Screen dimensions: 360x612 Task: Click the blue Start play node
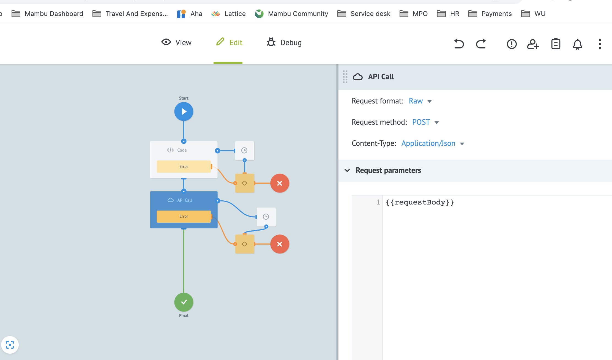tap(184, 111)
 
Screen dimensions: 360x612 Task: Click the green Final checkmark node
tap(184, 302)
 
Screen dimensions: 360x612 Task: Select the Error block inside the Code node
tap(184, 167)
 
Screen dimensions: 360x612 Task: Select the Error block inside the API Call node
tap(184, 216)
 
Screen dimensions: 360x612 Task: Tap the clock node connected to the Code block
tap(244, 151)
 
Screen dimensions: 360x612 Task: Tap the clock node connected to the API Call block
tap(266, 217)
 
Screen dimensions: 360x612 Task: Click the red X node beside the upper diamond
tap(280, 183)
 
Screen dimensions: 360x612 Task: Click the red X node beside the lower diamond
tap(280, 244)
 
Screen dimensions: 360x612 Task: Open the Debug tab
tap(284, 42)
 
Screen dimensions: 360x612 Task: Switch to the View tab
tap(176, 42)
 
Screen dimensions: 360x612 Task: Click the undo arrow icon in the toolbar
tap(459, 44)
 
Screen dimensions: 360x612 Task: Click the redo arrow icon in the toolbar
tap(481, 44)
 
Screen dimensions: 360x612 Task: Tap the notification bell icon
tap(577, 44)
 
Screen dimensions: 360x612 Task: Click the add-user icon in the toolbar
tap(533, 44)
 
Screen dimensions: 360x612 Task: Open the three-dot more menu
tap(600, 44)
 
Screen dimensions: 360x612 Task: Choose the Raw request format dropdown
tap(420, 101)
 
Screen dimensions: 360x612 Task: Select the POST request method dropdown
tap(425, 122)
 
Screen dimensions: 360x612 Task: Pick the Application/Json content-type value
tap(432, 143)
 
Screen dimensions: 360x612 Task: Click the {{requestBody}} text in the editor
tap(420, 202)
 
